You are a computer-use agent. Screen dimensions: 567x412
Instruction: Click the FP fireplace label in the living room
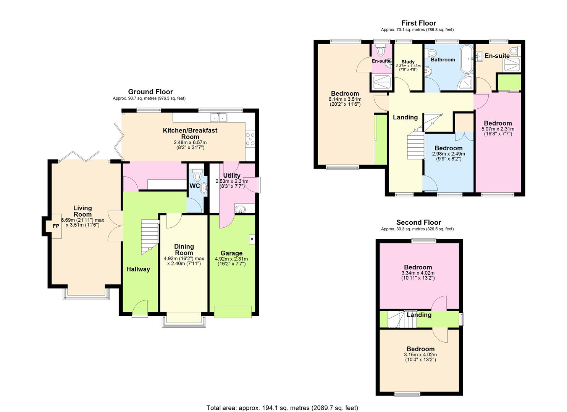pyautogui.click(x=56, y=226)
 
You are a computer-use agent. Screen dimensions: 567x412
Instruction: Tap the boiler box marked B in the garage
pyautogui.click(x=252, y=239)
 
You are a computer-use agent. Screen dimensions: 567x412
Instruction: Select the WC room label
pyautogui.click(x=195, y=186)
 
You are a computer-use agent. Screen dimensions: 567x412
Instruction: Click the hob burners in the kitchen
pyautogui.click(x=250, y=139)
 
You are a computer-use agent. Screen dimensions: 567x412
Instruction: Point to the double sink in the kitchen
pyautogui.click(x=218, y=117)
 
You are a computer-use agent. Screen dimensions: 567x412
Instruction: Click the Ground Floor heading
pyautogui.click(x=150, y=92)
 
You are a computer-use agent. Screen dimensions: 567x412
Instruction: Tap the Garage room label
pyautogui.click(x=231, y=253)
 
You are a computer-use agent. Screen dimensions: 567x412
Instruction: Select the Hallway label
pyautogui.click(x=138, y=269)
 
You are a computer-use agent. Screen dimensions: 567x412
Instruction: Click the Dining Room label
pyautogui.click(x=184, y=249)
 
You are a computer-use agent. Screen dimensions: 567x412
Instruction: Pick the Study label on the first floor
pyautogui.click(x=408, y=62)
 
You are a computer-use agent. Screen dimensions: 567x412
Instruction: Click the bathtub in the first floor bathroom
pyautogui.click(x=466, y=59)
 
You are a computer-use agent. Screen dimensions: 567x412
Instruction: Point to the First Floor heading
pyautogui.click(x=419, y=23)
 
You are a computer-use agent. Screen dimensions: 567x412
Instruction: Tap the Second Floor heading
pyautogui.click(x=419, y=222)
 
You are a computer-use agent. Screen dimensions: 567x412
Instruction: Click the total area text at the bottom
pyautogui.click(x=282, y=401)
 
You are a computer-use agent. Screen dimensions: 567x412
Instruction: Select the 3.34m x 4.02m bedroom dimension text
pyautogui.click(x=418, y=273)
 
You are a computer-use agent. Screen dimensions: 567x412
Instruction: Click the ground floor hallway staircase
pyautogui.click(x=149, y=237)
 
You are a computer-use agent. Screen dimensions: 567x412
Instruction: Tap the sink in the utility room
pyautogui.click(x=240, y=209)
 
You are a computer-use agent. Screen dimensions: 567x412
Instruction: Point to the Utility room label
pyautogui.click(x=232, y=175)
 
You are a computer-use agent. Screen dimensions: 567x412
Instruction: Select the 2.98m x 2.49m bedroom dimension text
pyautogui.click(x=448, y=154)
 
